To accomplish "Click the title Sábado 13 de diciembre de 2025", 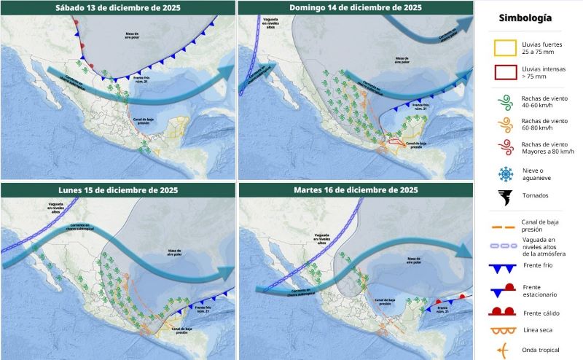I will coord(118,7).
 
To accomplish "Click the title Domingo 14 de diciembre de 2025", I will coord(356,7).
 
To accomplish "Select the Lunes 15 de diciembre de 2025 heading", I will coord(118,189).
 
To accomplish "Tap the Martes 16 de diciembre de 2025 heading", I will coord(356,189).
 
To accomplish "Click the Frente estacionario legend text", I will coord(539,290).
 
